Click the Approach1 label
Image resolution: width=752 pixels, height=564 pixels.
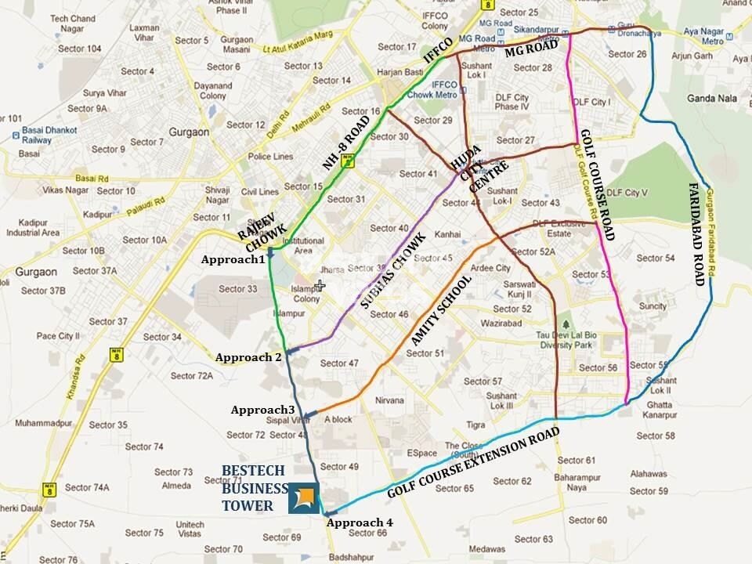click(x=233, y=260)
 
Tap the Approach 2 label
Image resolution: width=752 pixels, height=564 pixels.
click(x=248, y=358)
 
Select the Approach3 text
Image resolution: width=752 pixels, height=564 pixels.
click(x=262, y=410)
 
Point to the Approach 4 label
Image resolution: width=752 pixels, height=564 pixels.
click(x=360, y=522)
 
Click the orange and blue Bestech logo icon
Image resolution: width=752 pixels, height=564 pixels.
click(x=303, y=498)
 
